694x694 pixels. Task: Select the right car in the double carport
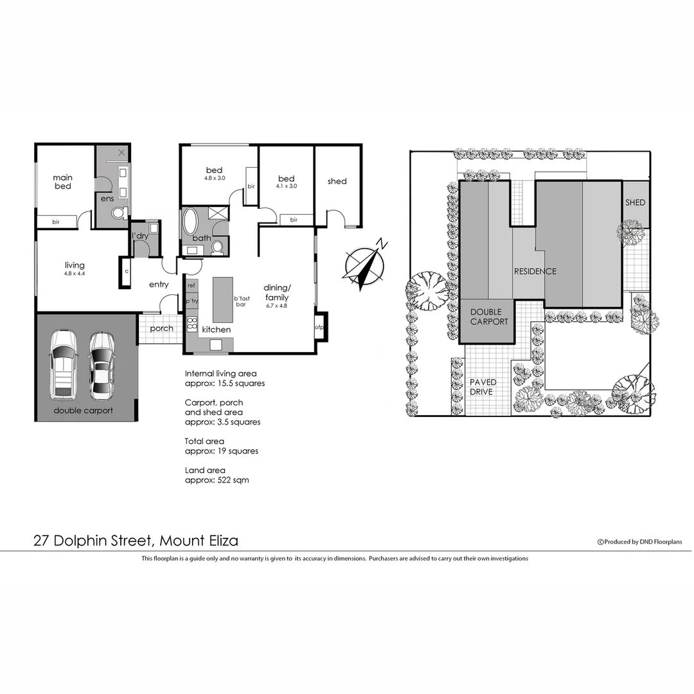pyautogui.click(x=101, y=364)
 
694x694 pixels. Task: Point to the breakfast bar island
pyautogui.click(x=222, y=299)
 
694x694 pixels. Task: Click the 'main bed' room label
pyautogui.click(x=62, y=182)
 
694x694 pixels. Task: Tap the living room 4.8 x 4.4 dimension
pyautogui.click(x=75, y=274)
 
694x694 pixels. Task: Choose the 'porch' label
pyautogui.click(x=161, y=328)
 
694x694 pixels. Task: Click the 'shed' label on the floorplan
pyautogui.click(x=337, y=181)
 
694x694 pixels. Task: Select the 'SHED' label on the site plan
pyautogui.click(x=635, y=202)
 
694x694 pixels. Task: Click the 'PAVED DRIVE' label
pyautogui.click(x=483, y=387)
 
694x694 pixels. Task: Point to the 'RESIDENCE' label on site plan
pyautogui.click(x=535, y=271)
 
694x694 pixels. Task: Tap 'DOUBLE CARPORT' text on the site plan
pyautogui.click(x=490, y=317)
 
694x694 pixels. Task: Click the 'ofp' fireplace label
pyautogui.click(x=319, y=328)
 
